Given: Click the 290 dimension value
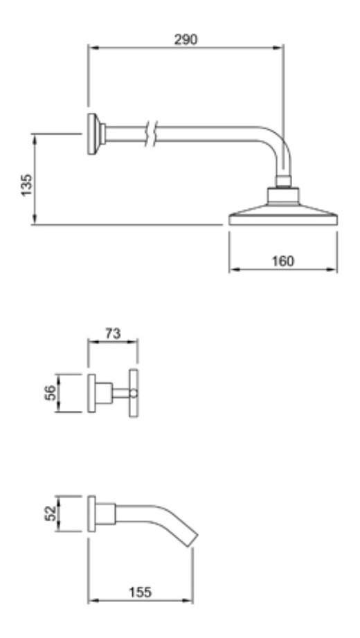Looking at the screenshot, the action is pyautogui.click(x=186, y=39).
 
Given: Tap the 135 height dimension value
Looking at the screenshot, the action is pyautogui.click(x=27, y=185).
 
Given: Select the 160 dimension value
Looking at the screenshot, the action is pyautogui.click(x=282, y=261).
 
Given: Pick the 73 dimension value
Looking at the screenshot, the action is pyautogui.click(x=113, y=334).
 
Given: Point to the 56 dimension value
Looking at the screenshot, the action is pyautogui.click(x=50, y=393).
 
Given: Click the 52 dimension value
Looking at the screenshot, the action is pyautogui.click(x=50, y=513).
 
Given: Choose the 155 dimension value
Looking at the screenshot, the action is pyautogui.click(x=140, y=592).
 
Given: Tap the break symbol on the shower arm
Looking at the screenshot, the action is pyautogui.click(x=150, y=134).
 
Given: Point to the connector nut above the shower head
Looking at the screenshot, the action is pyautogui.click(x=283, y=181).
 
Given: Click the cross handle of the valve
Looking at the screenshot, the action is pyautogui.click(x=134, y=393).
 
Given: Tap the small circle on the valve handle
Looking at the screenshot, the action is pyautogui.click(x=134, y=393).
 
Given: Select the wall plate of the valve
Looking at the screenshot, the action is pyautogui.click(x=91, y=393).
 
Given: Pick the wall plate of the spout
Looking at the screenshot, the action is pyautogui.click(x=91, y=513).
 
